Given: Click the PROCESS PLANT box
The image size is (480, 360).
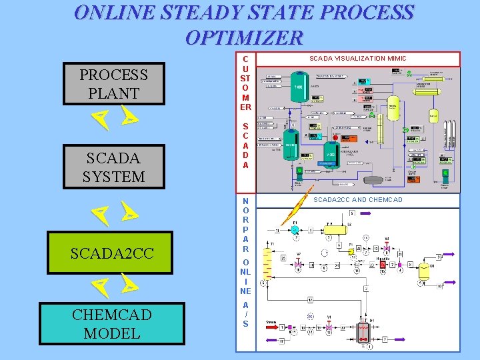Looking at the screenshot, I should pos(113,84).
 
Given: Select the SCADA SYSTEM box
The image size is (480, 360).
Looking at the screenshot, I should pos(114,167).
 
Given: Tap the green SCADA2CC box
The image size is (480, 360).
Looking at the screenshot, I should pos(111,253).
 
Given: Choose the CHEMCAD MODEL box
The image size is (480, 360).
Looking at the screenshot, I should pos(112,324).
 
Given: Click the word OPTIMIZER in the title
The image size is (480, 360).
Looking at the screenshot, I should pos(244,37).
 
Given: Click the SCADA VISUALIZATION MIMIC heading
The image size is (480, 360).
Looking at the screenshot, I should pos(357,59).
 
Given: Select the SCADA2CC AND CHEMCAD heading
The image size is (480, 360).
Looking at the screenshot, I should pos(358,200).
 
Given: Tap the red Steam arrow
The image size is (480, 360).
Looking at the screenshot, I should pos(273,327).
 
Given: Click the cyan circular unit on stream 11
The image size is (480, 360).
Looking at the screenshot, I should pos(295,229).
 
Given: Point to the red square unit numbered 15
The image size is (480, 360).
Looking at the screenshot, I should pos(382,265).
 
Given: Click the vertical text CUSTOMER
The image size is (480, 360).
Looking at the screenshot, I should pos(245,83).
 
